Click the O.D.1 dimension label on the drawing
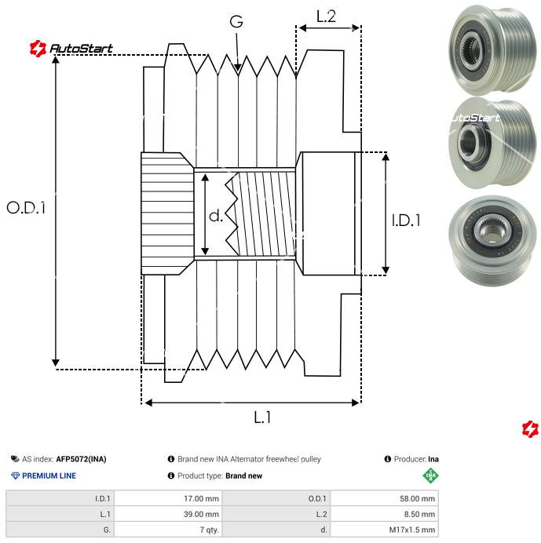[26, 208]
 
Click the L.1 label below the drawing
[262, 418]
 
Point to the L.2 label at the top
[326, 16]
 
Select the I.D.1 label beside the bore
[406, 221]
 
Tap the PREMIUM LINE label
[49, 476]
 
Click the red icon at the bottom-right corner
[531, 428]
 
